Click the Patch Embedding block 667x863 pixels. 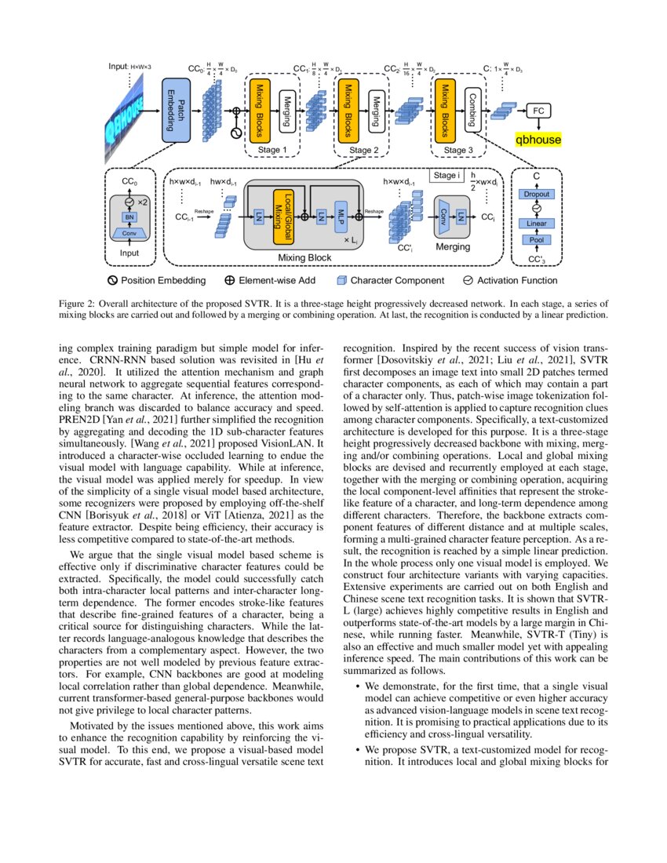coord(177,111)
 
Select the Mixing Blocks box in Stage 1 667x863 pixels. coord(261,110)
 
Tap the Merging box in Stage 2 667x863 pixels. coord(377,110)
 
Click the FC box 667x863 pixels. coord(538,111)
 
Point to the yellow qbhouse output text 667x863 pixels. coord(538,140)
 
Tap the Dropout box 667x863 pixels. coord(537,194)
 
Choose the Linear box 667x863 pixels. coord(537,224)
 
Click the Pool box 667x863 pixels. coord(537,239)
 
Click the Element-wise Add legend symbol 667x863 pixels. coord(230,280)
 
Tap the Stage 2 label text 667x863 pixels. coord(363,149)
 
